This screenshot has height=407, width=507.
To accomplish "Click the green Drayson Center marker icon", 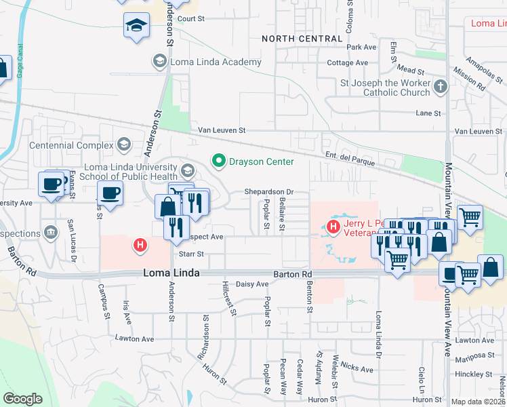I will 219,161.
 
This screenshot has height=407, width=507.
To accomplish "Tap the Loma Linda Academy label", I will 216,62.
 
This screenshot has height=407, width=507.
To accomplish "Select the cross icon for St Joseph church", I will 441,86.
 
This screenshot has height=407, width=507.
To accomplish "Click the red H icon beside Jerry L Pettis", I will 333,226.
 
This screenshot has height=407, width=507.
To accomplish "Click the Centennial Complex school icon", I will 124,144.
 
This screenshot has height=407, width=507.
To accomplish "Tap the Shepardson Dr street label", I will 269,193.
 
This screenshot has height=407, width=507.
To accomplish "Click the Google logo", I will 22,399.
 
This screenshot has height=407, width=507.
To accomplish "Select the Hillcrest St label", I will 228,299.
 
